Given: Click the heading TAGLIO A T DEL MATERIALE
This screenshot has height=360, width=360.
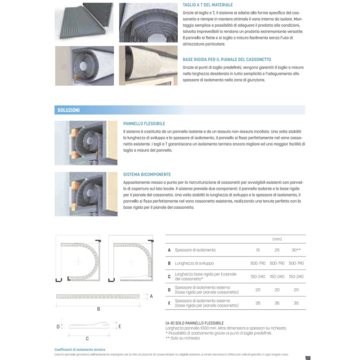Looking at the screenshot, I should (207, 4).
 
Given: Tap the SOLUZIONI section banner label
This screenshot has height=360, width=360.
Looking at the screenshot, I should (69, 110).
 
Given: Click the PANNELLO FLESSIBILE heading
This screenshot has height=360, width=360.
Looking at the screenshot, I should (144, 123).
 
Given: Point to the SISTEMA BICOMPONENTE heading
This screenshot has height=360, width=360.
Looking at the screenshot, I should (147, 174).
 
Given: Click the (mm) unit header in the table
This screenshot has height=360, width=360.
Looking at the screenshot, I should (277, 239).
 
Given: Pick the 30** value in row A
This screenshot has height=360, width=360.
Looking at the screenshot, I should (296, 250).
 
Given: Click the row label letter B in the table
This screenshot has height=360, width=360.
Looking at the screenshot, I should (169, 263).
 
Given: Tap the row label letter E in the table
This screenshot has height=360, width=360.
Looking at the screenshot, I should (169, 303).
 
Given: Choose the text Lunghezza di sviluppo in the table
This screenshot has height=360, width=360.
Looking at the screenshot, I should (194, 263).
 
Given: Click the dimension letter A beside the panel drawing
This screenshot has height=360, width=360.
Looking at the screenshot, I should (151, 296).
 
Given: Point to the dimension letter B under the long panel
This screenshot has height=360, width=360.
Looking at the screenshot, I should (99, 309).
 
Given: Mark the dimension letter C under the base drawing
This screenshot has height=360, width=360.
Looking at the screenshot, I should (87, 338).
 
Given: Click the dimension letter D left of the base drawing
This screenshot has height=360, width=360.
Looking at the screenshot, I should (58, 326).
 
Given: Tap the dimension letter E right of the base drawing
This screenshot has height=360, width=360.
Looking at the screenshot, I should (119, 326).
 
